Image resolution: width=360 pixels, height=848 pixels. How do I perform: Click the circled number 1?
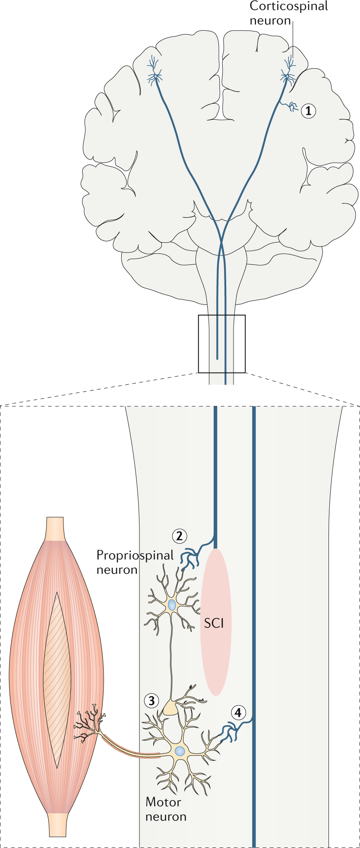(308, 111)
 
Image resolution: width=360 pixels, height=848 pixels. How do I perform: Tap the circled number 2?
(179, 536)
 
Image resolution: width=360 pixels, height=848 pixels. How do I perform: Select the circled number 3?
(152, 701)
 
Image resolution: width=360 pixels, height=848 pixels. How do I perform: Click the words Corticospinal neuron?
(289, 13)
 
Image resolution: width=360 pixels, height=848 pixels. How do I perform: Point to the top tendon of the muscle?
(55, 528)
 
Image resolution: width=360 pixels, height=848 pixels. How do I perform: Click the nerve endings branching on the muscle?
(89, 725)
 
